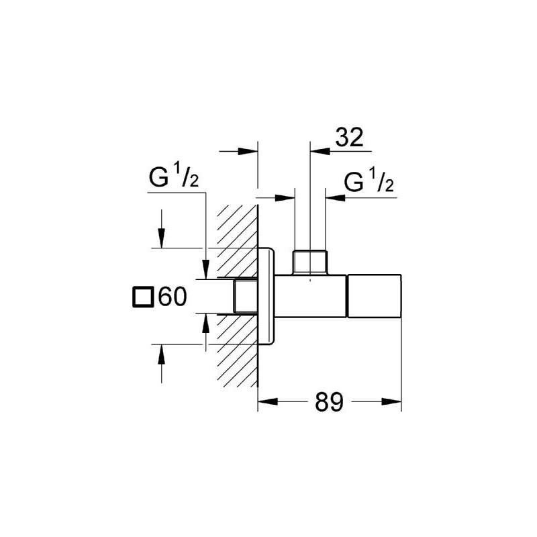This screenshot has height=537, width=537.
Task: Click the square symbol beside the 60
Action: point(142,296)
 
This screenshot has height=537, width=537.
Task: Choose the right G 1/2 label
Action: point(369,183)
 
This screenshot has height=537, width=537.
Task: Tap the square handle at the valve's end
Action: point(373,295)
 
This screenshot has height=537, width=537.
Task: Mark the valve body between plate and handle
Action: point(311,295)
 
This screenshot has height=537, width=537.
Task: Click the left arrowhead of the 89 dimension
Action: point(266,402)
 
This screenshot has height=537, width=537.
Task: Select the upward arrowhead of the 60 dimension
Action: point(161,352)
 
